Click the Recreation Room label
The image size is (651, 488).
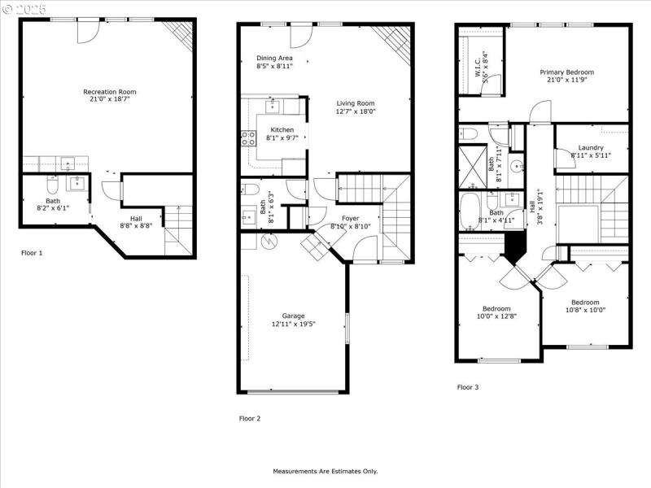(107, 92)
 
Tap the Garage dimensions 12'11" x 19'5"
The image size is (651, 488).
(293, 324)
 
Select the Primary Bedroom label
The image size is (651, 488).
(566, 72)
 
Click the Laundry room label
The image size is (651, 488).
(591, 147)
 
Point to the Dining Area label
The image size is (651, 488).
(274, 58)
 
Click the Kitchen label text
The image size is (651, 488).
(282, 130)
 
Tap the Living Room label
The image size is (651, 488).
(356, 103)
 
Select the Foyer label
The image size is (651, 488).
(350, 218)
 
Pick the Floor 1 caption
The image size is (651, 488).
(32, 253)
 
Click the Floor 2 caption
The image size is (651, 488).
(250, 419)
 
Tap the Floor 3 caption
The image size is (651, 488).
(468, 387)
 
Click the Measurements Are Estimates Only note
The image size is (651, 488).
(325, 472)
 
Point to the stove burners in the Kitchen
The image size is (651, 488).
(248, 138)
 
